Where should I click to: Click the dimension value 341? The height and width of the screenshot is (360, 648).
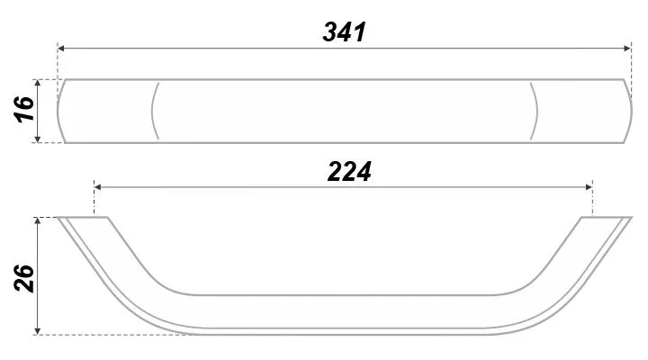coord(344,31)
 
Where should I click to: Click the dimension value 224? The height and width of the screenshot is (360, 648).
coord(349,172)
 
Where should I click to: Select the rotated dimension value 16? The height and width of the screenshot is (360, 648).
coord(24,109)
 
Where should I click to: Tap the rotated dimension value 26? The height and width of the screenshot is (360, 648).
coord(24,279)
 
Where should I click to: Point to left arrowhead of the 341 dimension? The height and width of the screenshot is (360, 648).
coord(61,49)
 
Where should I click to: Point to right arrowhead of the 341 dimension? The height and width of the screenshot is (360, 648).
coord(628,49)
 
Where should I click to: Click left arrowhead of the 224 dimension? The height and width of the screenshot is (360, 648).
coord(97,187)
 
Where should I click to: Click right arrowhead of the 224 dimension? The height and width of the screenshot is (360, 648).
coord(589,187)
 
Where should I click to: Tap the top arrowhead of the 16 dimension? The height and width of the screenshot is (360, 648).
coord(38,83)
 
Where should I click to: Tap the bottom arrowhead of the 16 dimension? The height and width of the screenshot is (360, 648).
coord(38,139)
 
